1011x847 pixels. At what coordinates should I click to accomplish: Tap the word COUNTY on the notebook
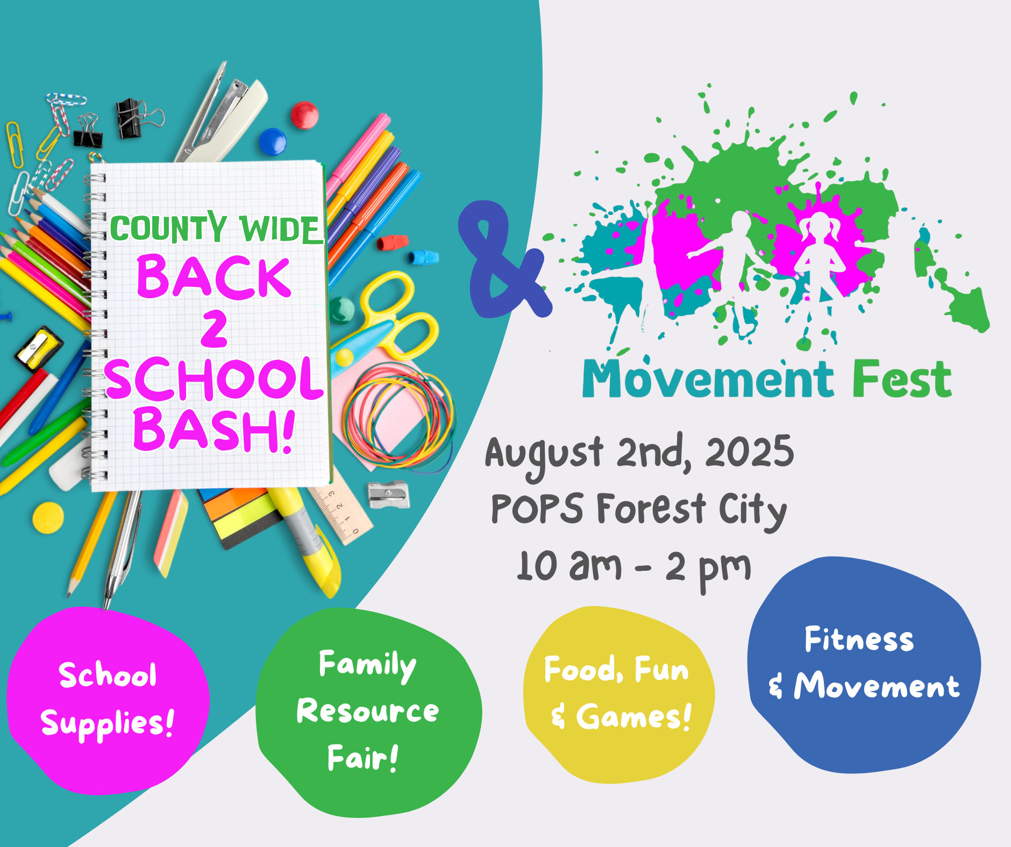[168, 228]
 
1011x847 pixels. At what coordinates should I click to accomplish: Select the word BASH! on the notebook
[213, 430]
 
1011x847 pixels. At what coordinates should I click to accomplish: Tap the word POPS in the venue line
[537, 508]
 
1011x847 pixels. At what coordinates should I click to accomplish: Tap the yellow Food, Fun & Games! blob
[618, 693]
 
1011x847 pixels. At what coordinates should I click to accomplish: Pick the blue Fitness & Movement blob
[864, 664]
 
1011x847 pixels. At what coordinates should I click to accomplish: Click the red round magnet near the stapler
[305, 115]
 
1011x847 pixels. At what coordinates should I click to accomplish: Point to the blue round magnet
[273, 141]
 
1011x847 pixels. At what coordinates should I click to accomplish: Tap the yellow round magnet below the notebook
[48, 517]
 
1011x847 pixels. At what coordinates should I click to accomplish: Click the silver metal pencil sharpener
[388, 494]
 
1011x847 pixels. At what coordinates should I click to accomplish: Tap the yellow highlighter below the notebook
[309, 543]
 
